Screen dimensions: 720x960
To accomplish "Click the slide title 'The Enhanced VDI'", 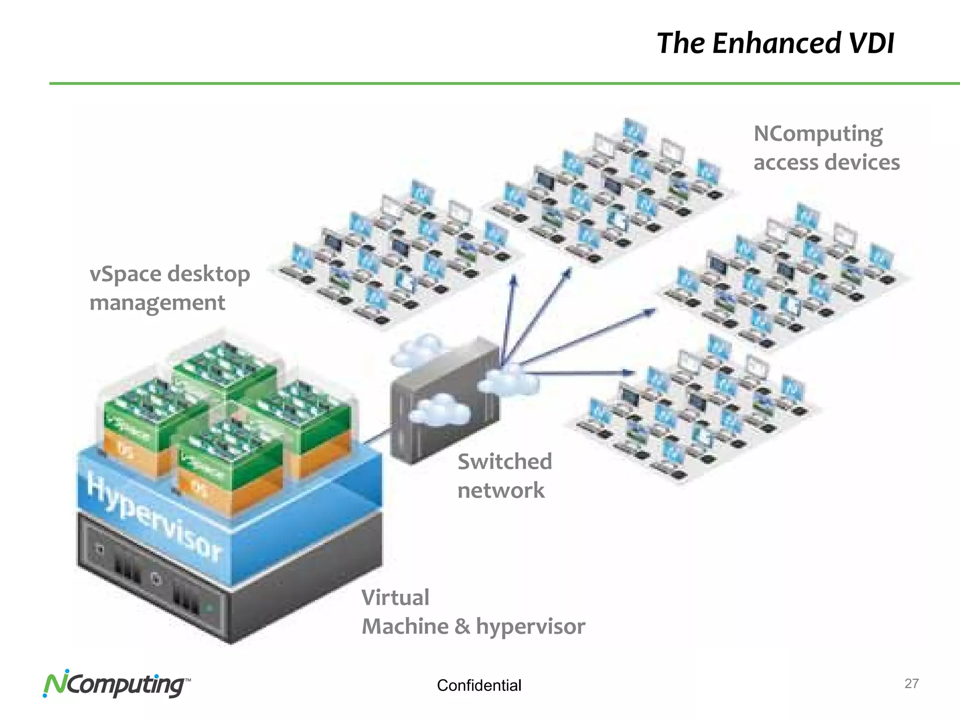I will pyautogui.click(x=775, y=43).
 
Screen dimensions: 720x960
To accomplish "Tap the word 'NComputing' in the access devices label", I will pyautogui.click(x=818, y=135).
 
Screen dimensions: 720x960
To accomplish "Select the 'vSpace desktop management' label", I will pyautogui.click(x=169, y=287).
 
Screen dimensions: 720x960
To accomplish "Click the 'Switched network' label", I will pyautogui.click(x=504, y=475).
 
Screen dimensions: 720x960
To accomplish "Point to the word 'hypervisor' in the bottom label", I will pyautogui.click(x=530, y=626).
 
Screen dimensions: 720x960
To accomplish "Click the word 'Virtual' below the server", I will pyautogui.click(x=395, y=598).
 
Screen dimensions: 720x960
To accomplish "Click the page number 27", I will pyautogui.click(x=911, y=683).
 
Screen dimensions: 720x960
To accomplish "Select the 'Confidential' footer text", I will pyautogui.click(x=479, y=685).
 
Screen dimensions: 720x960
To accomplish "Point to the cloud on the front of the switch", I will pyautogui.click(x=440, y=410).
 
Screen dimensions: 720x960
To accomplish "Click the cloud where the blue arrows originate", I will pyautogui.click(x=509, y=380).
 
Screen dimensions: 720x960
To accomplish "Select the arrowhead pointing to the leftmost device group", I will pyautogui.click(x=514, y=280).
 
